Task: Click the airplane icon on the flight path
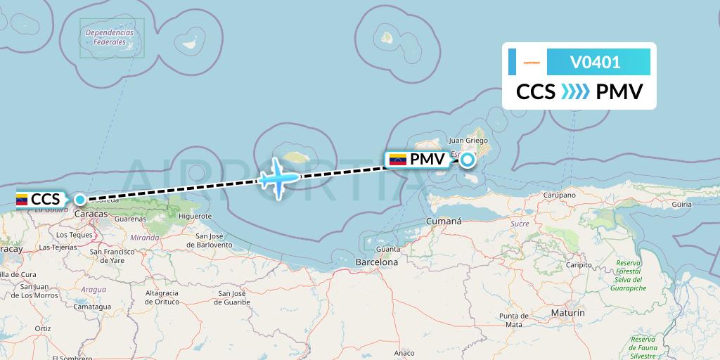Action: click(x=278, y=178)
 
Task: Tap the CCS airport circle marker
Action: click(x=81, y=200)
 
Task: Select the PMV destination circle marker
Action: click(x=467, y=160)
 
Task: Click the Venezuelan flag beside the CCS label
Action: click(x=22, y=199)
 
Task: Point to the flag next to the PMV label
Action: click(x=397, y=160)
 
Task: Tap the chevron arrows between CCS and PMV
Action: click(x=575, y=92)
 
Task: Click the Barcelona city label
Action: click(x=377, y=262)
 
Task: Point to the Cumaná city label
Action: click(x=444, y=221)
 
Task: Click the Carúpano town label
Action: click(x=559, y=195)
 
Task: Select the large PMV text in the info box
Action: click(x=619, y=92)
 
